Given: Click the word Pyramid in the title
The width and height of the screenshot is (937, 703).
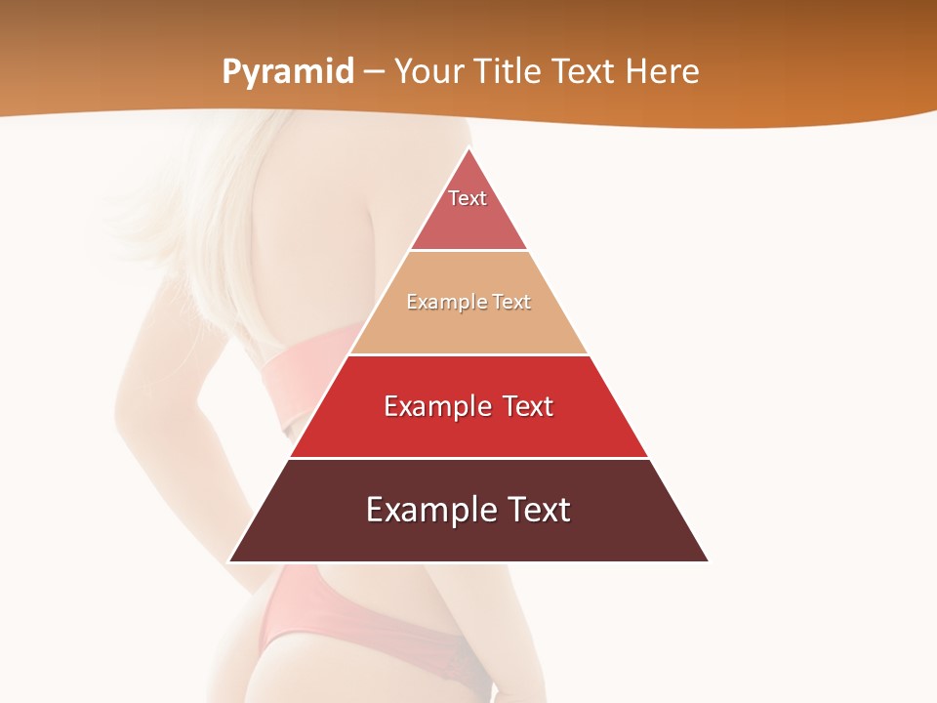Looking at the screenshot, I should pos(287,72).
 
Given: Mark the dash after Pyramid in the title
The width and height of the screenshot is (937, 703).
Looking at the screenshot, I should pos(373,72).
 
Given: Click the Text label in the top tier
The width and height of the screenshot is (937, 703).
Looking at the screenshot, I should pos(468,198).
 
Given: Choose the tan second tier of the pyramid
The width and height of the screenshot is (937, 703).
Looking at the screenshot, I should pos(468,328).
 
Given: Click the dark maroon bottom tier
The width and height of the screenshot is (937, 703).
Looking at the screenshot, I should pos(468,536).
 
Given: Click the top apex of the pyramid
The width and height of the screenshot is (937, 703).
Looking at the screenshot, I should pos(468,149).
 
